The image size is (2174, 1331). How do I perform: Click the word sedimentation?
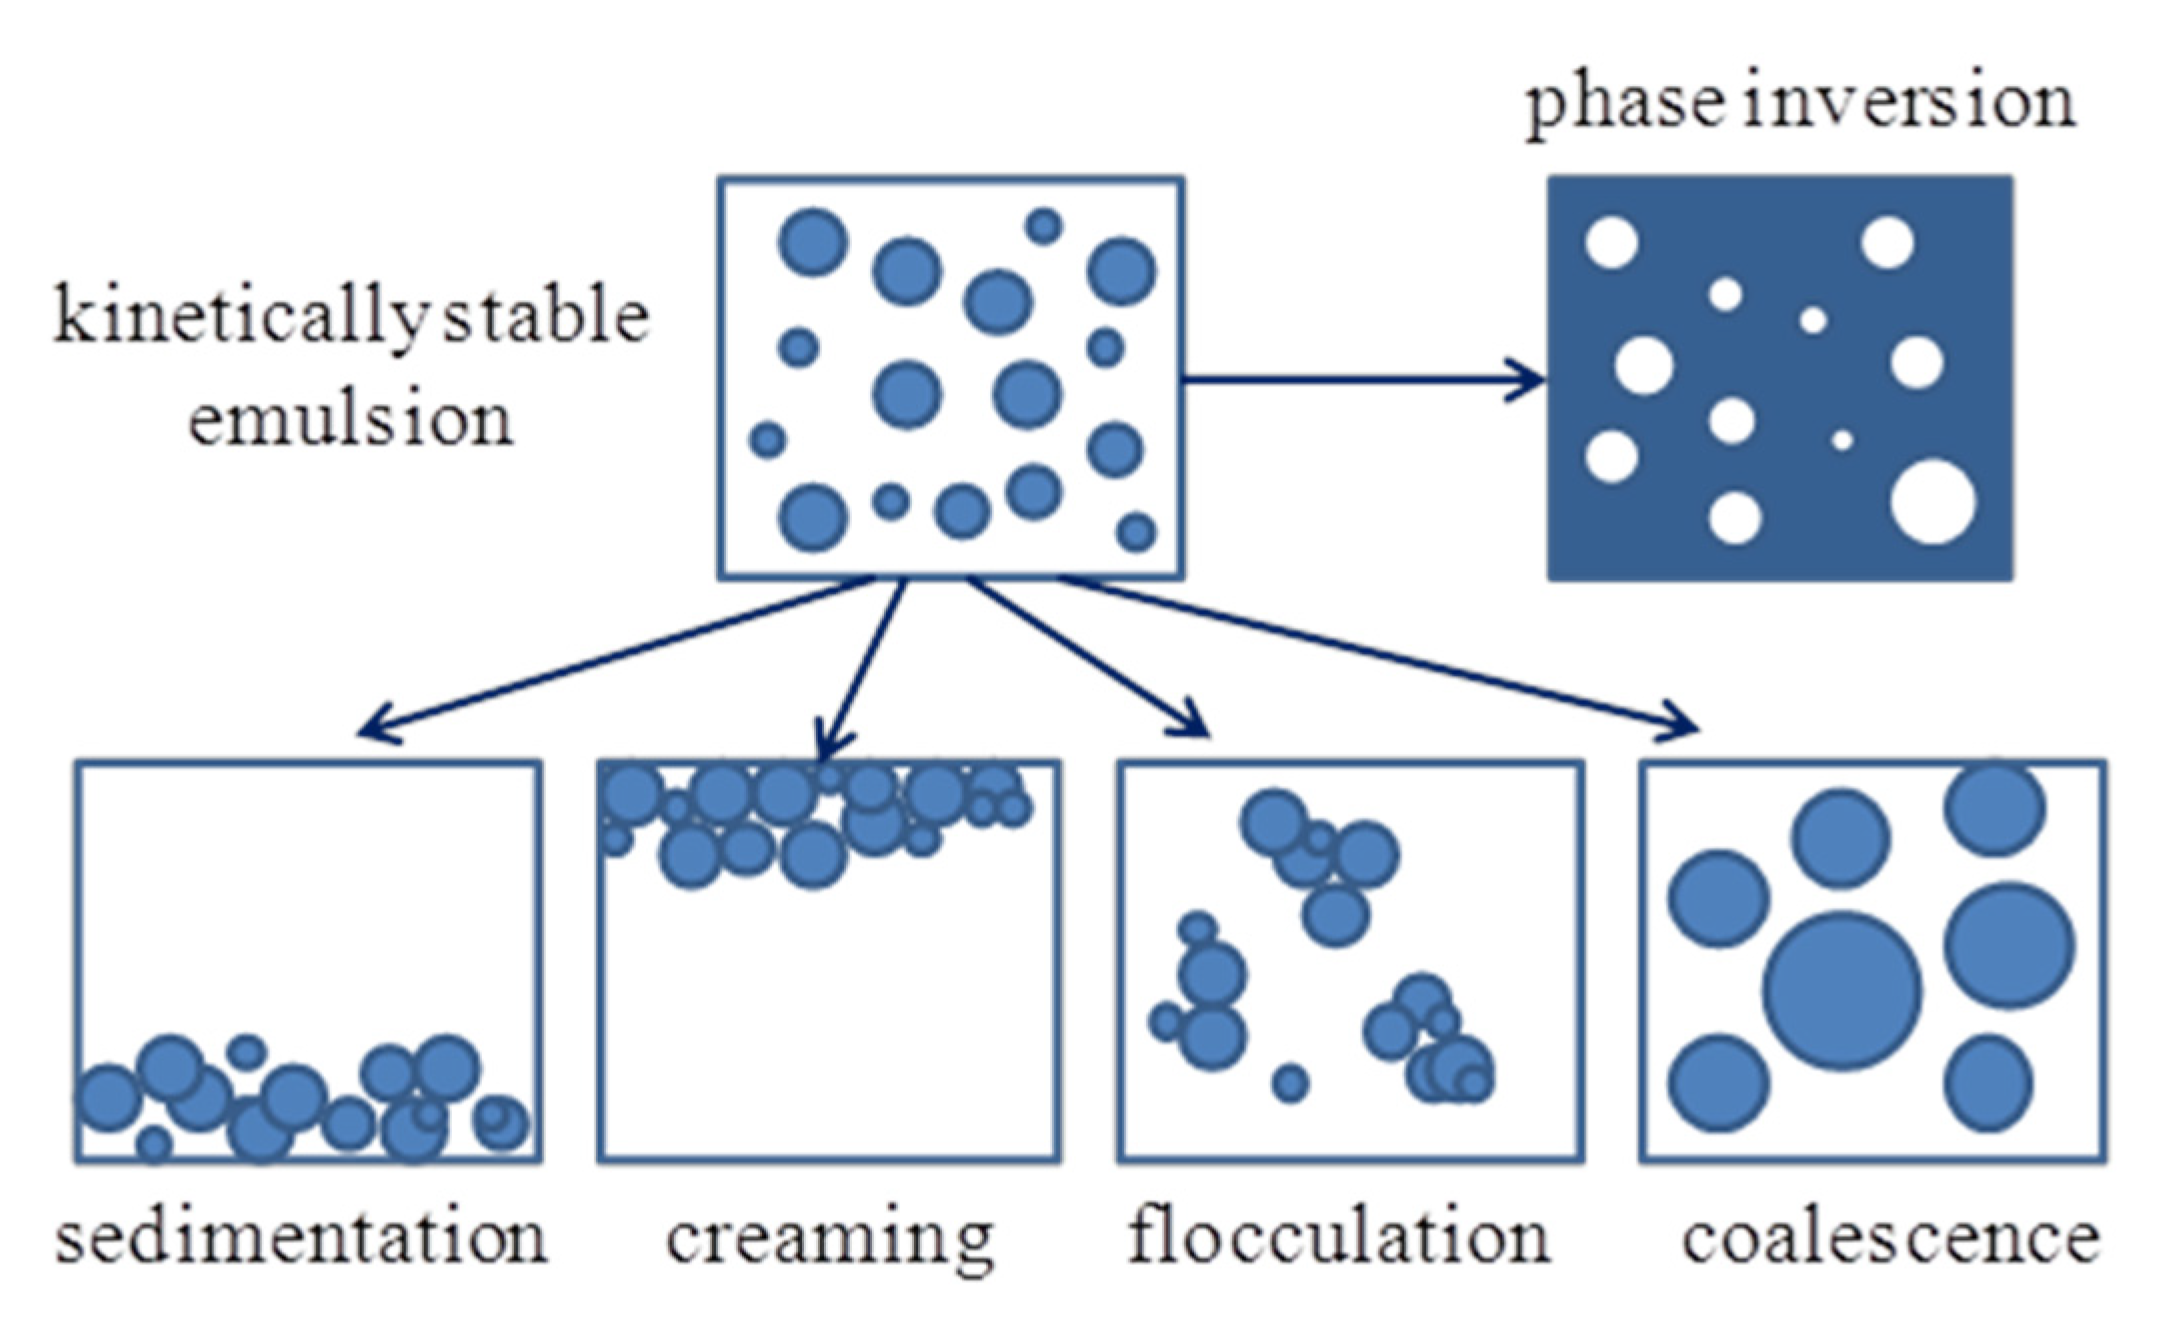[301, 1237]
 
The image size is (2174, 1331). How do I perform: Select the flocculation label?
[1339, 1237]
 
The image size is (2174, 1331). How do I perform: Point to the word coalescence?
[1890, 1238]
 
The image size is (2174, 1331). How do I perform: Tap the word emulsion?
[351, 420]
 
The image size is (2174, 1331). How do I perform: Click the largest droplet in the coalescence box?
[1841, 990]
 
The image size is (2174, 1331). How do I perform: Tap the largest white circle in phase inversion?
[1933, 502]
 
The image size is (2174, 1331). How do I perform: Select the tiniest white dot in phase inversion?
[1842, 440]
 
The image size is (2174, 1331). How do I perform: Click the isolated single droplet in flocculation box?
[1290, 1083]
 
